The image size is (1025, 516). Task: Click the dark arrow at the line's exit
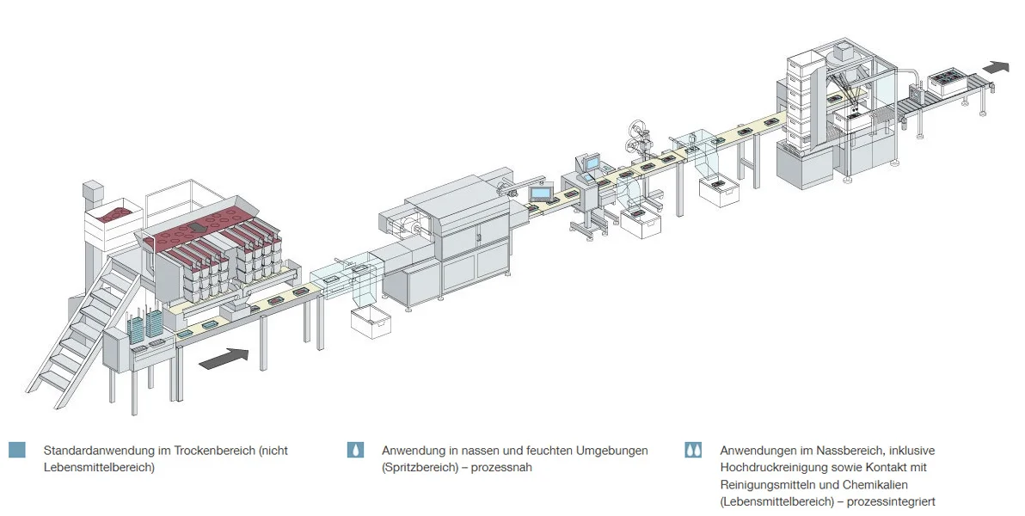(997, 66)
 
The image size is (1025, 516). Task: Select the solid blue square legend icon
(16, 450)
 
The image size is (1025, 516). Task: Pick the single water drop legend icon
(355, 450)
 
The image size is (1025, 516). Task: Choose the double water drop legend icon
(693, 450)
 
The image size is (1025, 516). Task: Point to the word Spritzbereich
(415, 467)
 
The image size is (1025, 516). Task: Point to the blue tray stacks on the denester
(144, 325)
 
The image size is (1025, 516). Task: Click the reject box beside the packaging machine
(371, 322)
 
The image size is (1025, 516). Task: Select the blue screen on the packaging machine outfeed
(542, 192)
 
